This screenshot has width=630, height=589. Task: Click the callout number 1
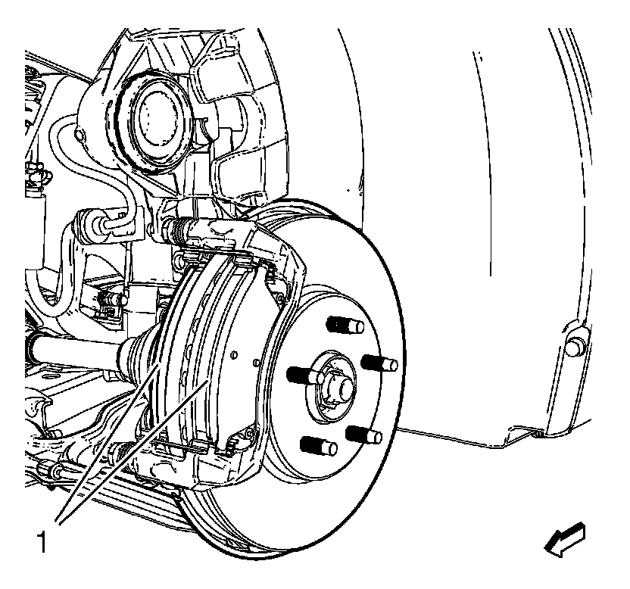point(47,543)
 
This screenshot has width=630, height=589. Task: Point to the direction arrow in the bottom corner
point(565,539)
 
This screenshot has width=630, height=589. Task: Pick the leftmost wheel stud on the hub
point(300,374)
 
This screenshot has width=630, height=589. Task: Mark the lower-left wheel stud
point(318,446)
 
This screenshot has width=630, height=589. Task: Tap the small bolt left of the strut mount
point(80,136)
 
